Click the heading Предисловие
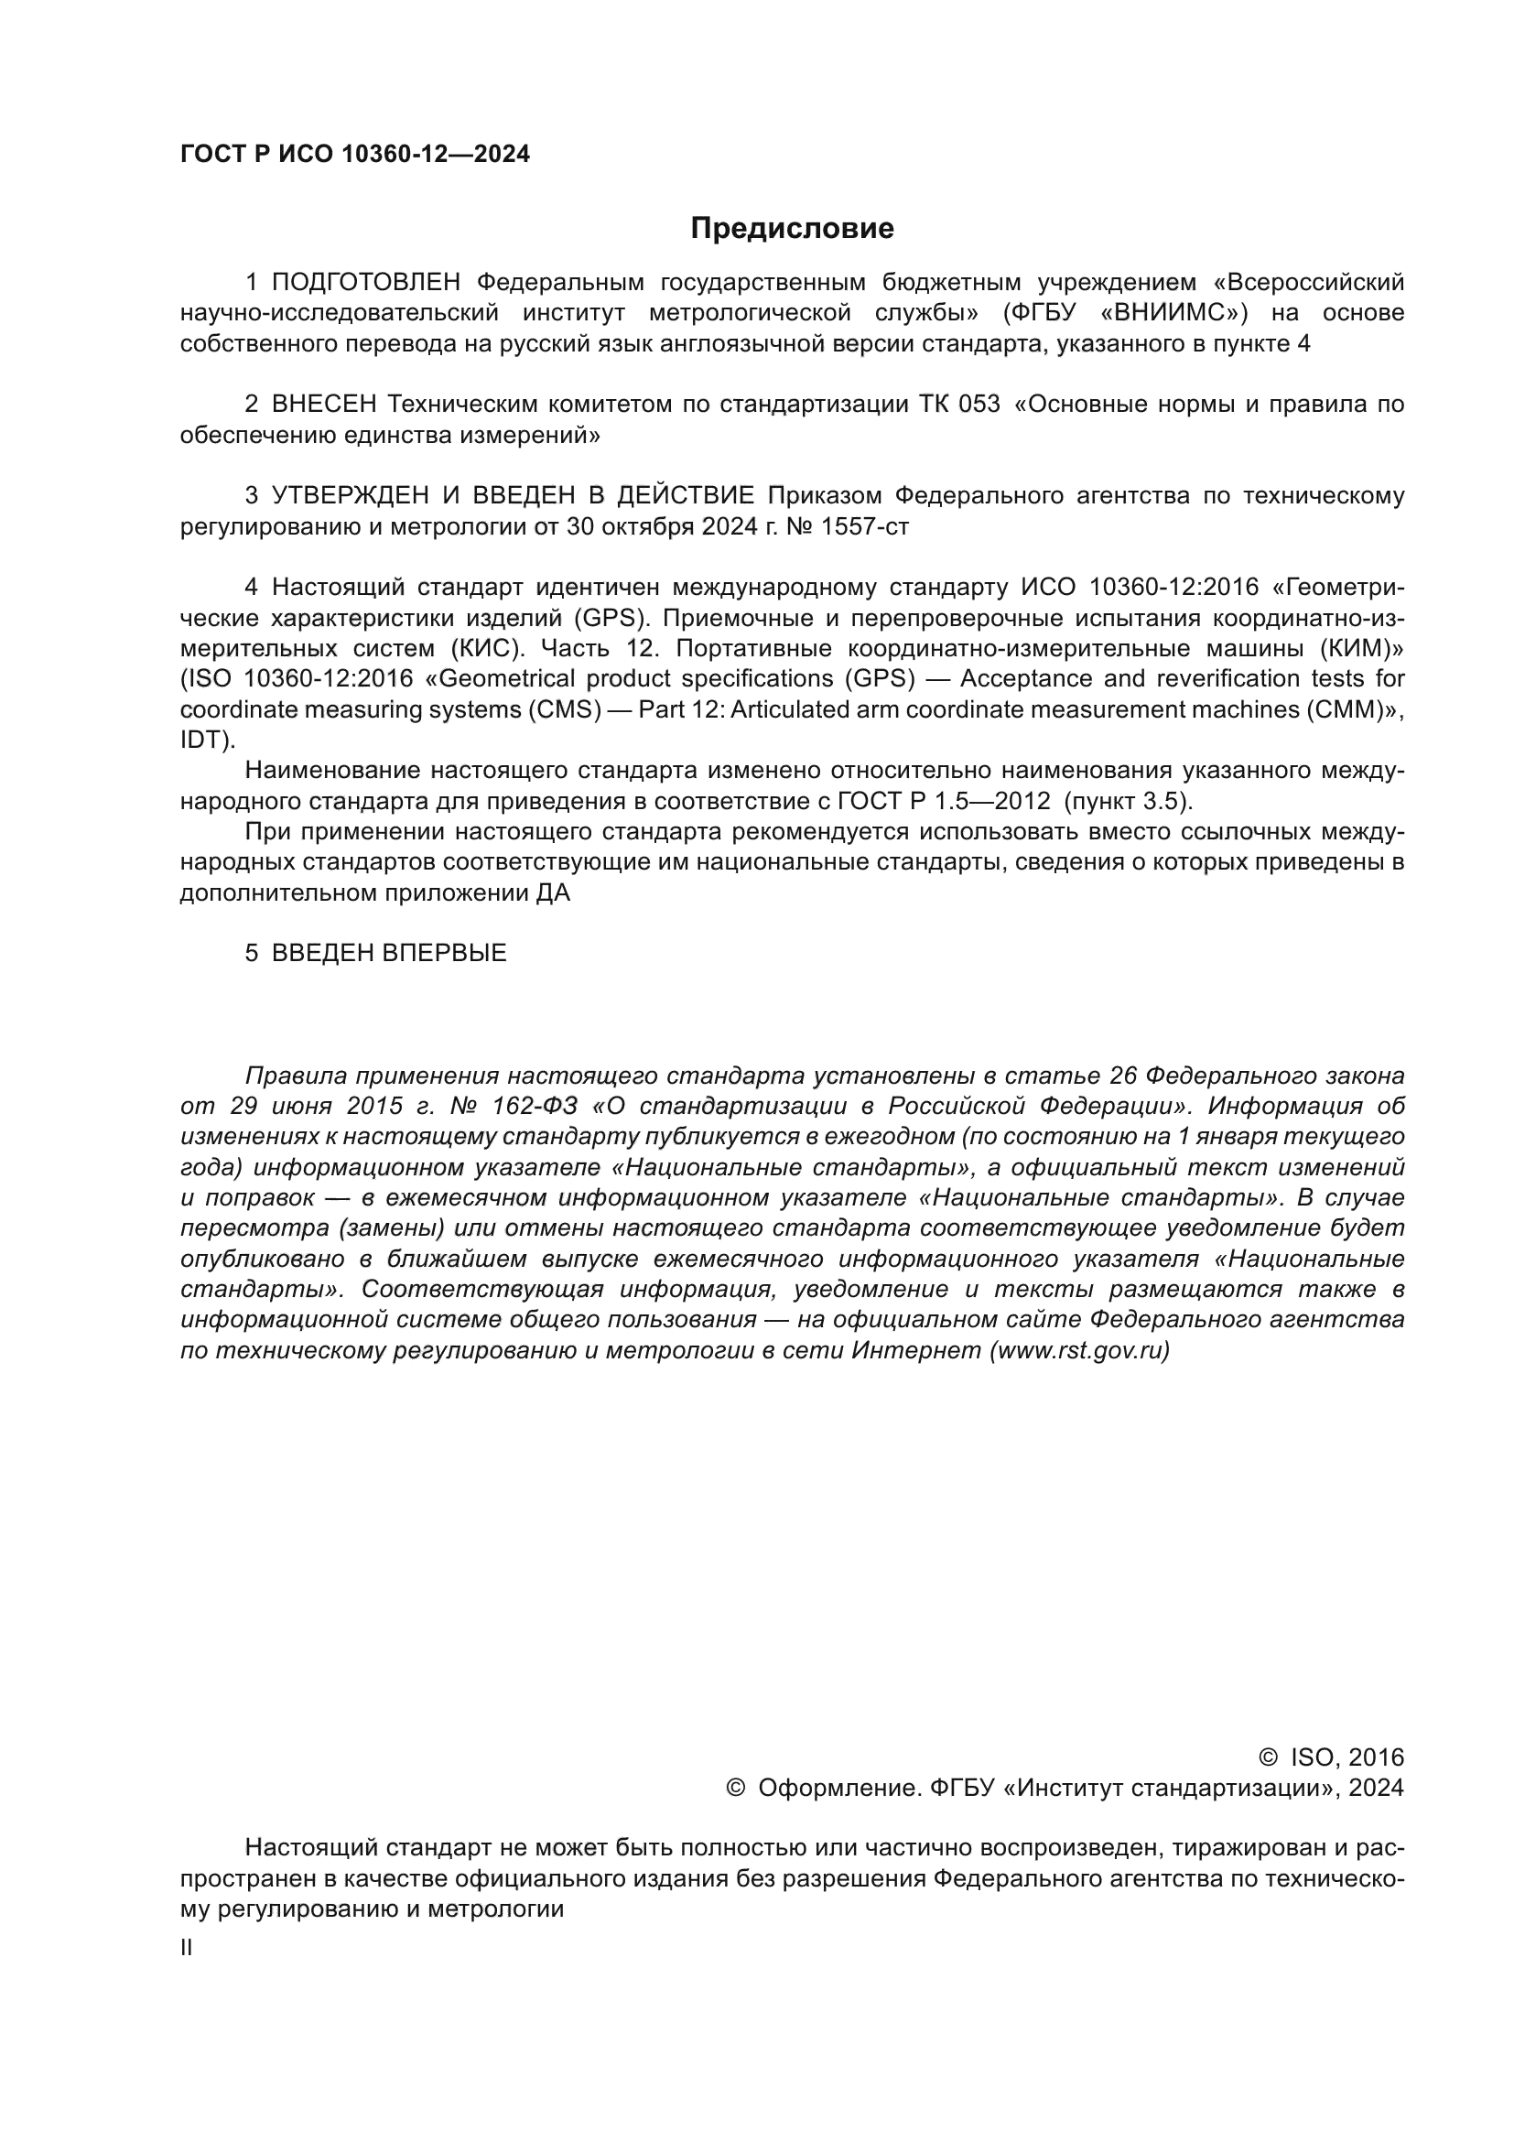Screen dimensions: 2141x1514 click(792, 229)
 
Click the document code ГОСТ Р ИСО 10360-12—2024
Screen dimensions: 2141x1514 click(354, 155)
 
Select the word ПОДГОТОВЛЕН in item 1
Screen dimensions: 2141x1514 click(365, 282)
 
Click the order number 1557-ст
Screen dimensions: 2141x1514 click(863, 526)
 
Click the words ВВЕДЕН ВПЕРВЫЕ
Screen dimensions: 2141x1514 click(388, 953)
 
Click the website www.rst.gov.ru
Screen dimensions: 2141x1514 click(1079, 1350)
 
